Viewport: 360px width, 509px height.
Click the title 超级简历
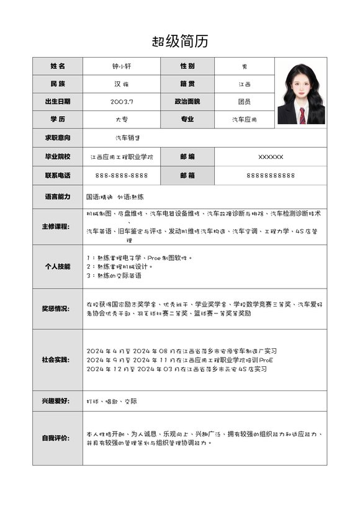coord(180,42)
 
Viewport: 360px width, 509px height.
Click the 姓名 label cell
coord(58,66)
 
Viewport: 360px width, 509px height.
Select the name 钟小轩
coord(122,66)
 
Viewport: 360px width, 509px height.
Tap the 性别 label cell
coord(187,66)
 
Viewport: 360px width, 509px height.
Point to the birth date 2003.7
coord(122,101)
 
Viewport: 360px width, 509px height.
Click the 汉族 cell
coord(122,84)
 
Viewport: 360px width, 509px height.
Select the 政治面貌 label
coord(187,101)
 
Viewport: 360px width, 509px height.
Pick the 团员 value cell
coord(244,101)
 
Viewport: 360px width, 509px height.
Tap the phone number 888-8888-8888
coord(122,176)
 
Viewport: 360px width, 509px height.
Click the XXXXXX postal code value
coord(271,157)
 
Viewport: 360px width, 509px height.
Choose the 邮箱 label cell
coord(187,176)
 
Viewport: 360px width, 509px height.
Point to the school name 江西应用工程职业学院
coord(122,157)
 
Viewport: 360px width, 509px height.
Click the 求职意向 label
coord(58,137)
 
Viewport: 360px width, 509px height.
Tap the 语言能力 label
coord(58,196)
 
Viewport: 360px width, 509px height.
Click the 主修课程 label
coord(58,227)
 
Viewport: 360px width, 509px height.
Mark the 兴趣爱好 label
coord(58,401)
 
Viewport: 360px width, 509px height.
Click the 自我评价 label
coord(58,438)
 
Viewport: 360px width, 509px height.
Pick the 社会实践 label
coord(58,360)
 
